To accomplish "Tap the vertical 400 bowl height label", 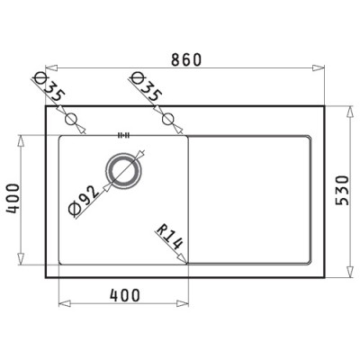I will (x=13, y=200).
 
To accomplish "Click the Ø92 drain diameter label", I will (x=85, y=199).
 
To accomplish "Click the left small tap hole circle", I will (x=73, y=119).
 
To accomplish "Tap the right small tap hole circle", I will (x=167, y=119).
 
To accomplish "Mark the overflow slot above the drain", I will (x=124, y=137).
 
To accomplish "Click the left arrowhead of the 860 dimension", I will (x=49, y=68).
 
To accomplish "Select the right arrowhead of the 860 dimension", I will (x=320, y=68).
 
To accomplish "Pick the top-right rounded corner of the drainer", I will (x=308, y=139).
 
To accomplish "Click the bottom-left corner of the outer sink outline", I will (x=47, y=277).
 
